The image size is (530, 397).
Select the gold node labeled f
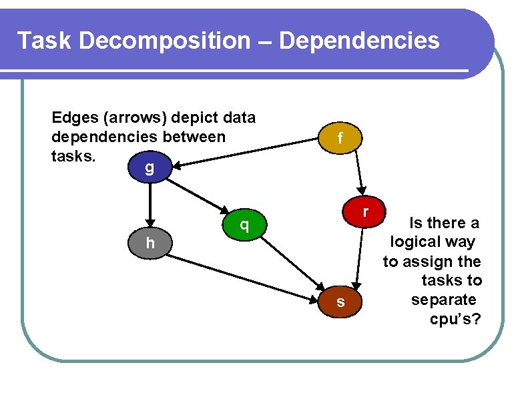pyautogui.click(x=340, y=138)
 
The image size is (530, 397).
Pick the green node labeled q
pyautogui.click(x=245, y=225)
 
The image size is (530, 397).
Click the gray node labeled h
pyautogui.click(x=150, y=243)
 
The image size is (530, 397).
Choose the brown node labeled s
pyautogui.click(x=340, y=302)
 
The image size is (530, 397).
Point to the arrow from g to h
pyautogui.click(x=152, y=204)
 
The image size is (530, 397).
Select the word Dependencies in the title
pyautogui.click(x=360, y=41)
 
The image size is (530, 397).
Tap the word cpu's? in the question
pyautogui.click(x=455, y=319)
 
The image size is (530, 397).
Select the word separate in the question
pyautogui.click(x=444, y=300)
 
